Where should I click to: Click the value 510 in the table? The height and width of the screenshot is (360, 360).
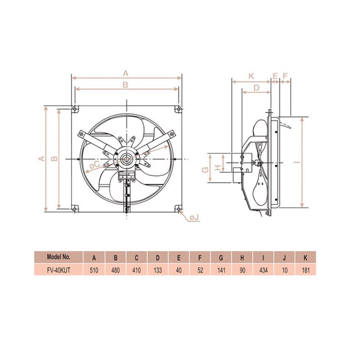[94, 270]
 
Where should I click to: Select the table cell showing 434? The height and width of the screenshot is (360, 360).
[263, 270]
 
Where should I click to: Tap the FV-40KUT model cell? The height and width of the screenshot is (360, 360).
[58, 270]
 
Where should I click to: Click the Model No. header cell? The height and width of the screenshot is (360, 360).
[58, 257]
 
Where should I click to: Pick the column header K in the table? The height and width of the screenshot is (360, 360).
[305, 258]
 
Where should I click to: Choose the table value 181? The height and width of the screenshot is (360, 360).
[306, 270]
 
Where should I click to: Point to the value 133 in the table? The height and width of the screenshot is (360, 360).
[158, 270]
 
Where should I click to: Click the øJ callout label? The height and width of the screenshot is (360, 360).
[194, 217]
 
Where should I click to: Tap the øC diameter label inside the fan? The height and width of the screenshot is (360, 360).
[94, 164]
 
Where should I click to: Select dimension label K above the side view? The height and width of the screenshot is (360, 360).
[251, 76]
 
